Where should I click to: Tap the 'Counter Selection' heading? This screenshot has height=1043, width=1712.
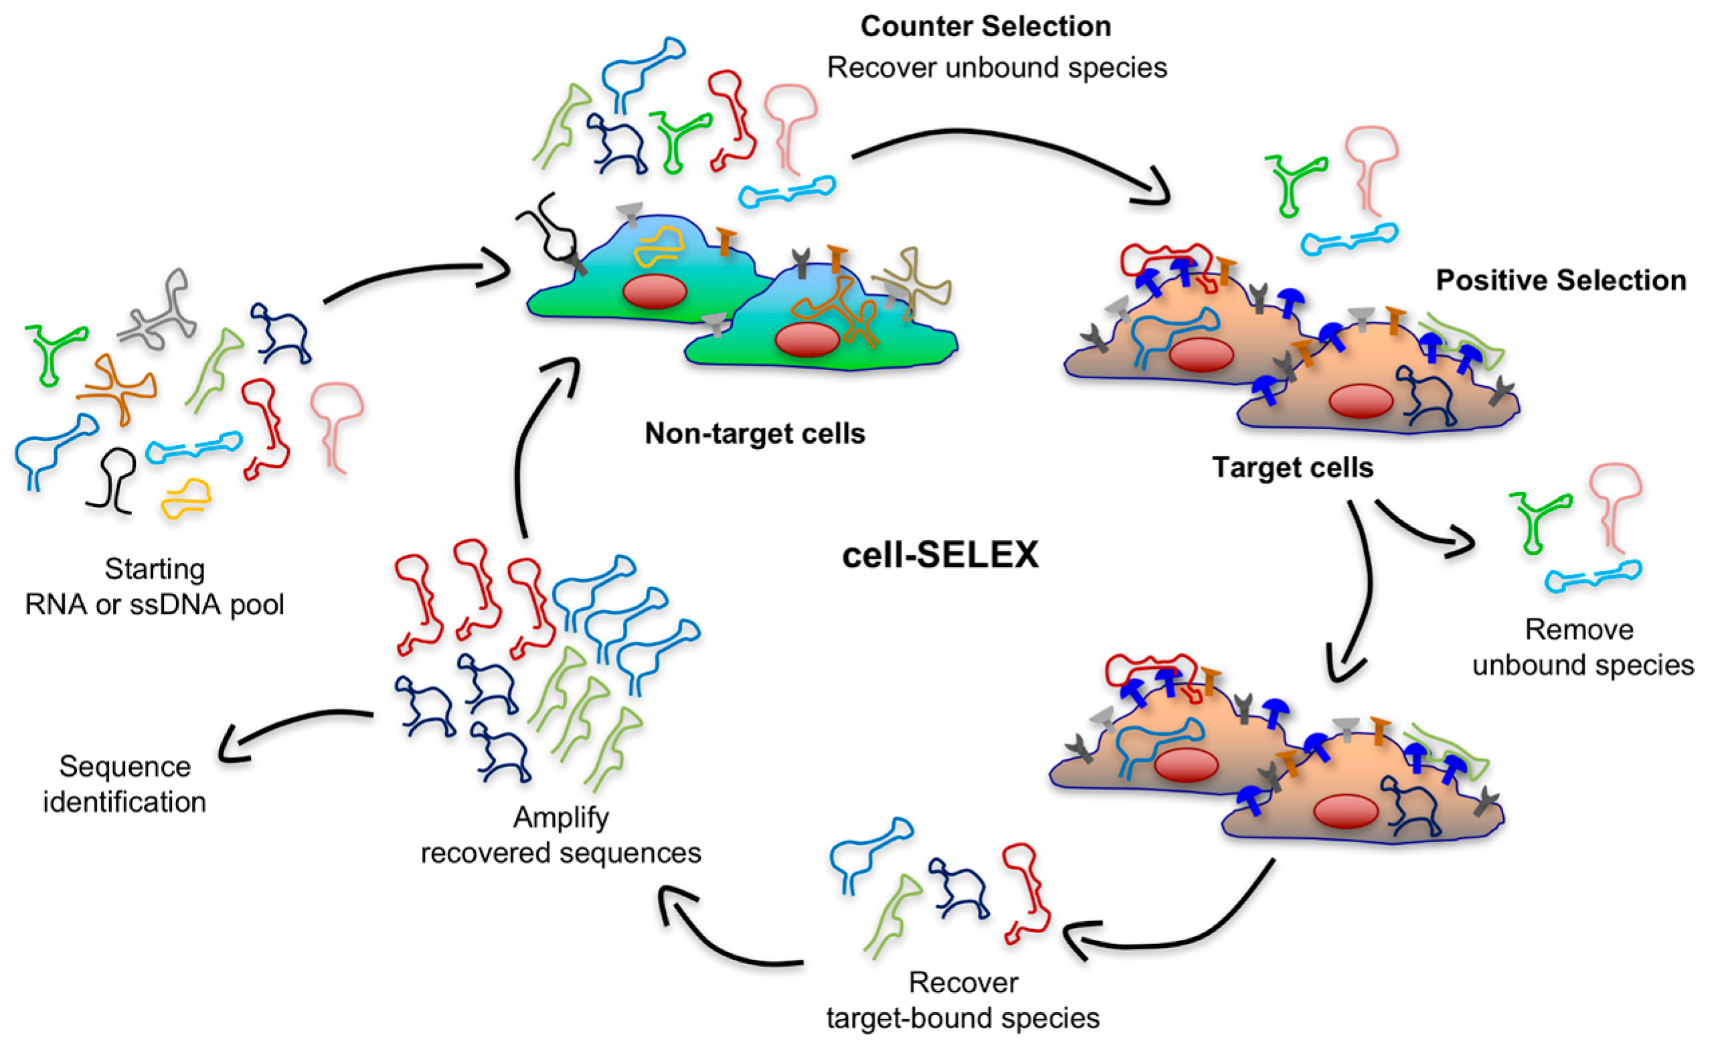coord(985,27)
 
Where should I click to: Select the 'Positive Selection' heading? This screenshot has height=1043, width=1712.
coord(1561,280)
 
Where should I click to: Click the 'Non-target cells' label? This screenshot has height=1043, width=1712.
coord(754,434)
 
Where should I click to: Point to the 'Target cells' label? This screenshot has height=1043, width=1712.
coord(1292,467)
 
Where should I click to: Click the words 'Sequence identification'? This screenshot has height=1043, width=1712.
coord(125,784)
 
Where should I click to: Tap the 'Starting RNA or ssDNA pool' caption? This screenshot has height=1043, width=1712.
coord(154,587)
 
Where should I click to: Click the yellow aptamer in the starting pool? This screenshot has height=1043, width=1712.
coord(185,497)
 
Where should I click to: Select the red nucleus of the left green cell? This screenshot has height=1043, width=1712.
coord(655,292)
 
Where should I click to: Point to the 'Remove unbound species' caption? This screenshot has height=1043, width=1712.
coord(1582,647)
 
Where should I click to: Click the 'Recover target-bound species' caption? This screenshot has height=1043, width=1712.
coord(963,1001)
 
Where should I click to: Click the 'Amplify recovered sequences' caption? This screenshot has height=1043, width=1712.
coord(561,835)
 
